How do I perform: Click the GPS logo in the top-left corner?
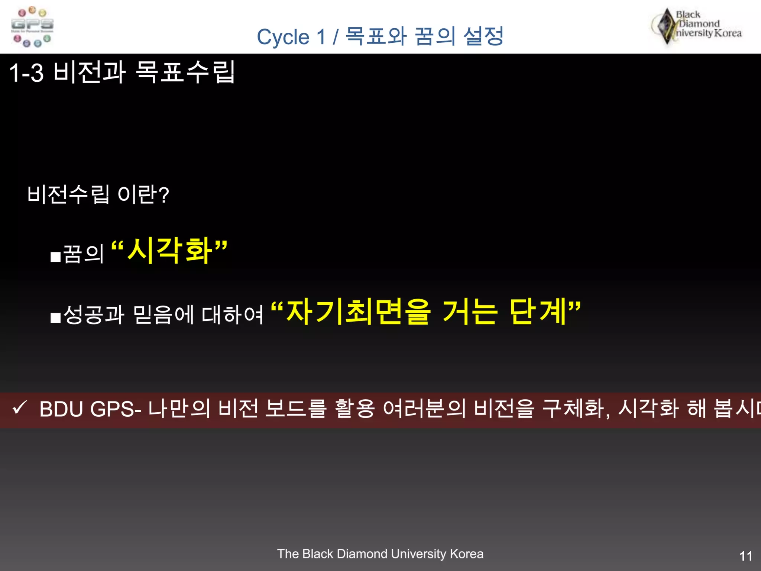[x=32, y=27]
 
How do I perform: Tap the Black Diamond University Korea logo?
[x=697, y=26]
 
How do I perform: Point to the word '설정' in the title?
[x=483, y=36]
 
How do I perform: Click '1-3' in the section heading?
[x=26, y=72]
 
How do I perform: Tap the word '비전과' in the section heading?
[x=90, y=72]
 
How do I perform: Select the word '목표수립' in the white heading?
[x=185, y=72]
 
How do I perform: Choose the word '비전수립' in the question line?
[x=68, y=194]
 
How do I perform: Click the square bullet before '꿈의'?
[x=55, y=257]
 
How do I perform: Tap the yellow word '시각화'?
[x=170, y=251]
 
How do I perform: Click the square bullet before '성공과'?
[x=55, y=318]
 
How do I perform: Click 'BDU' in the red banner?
[x=61, y=409]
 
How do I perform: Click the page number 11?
[x=746, y=556]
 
